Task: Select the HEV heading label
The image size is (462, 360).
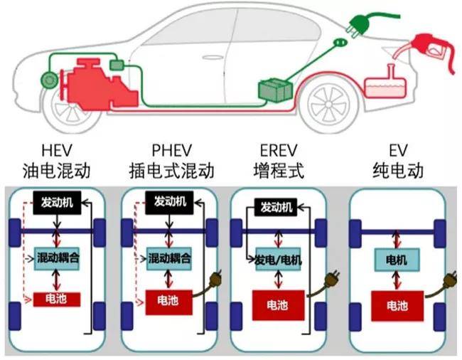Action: [x=56, y=152]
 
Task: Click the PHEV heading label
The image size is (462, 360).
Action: [x=168, y=152]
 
